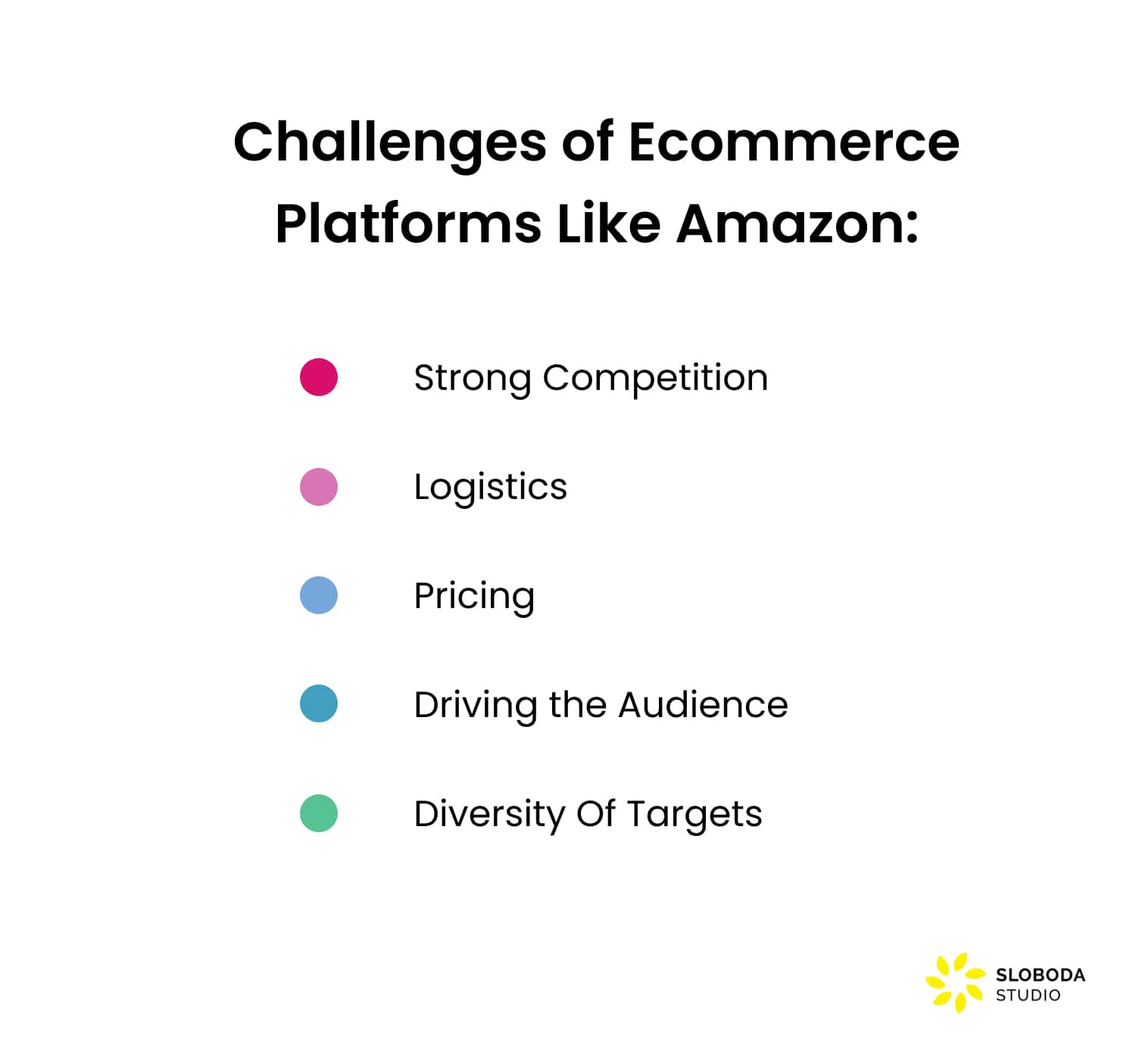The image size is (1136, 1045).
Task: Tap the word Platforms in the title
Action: [x=407, y=224]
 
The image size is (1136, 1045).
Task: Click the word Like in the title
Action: [x=609, y=224]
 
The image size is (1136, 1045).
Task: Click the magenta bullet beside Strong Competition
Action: [x=319, y=377]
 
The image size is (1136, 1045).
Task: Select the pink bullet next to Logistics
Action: [x=319, y=487]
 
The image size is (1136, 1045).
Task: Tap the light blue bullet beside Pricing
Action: [x=319, y=595]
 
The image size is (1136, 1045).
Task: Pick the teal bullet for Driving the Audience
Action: [x=319, y=703]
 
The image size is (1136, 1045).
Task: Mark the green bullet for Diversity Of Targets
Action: [x=319, y=813]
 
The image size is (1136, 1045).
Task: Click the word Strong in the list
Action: [x=472, y=379]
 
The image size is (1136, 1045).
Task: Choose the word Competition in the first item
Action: [x=655, y=379]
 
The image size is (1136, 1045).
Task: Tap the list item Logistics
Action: [x=490, y=488]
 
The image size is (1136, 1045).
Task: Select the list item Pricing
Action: [x=474, y=597]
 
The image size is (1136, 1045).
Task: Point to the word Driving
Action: [x=474, y=706]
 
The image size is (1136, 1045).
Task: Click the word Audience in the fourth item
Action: [x=703, y=705]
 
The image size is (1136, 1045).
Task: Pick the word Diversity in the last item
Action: [x=488, y=815]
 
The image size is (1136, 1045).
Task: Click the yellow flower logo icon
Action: [x=954, y=983]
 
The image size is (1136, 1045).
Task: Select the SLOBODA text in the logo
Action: [x=1040, y=975]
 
